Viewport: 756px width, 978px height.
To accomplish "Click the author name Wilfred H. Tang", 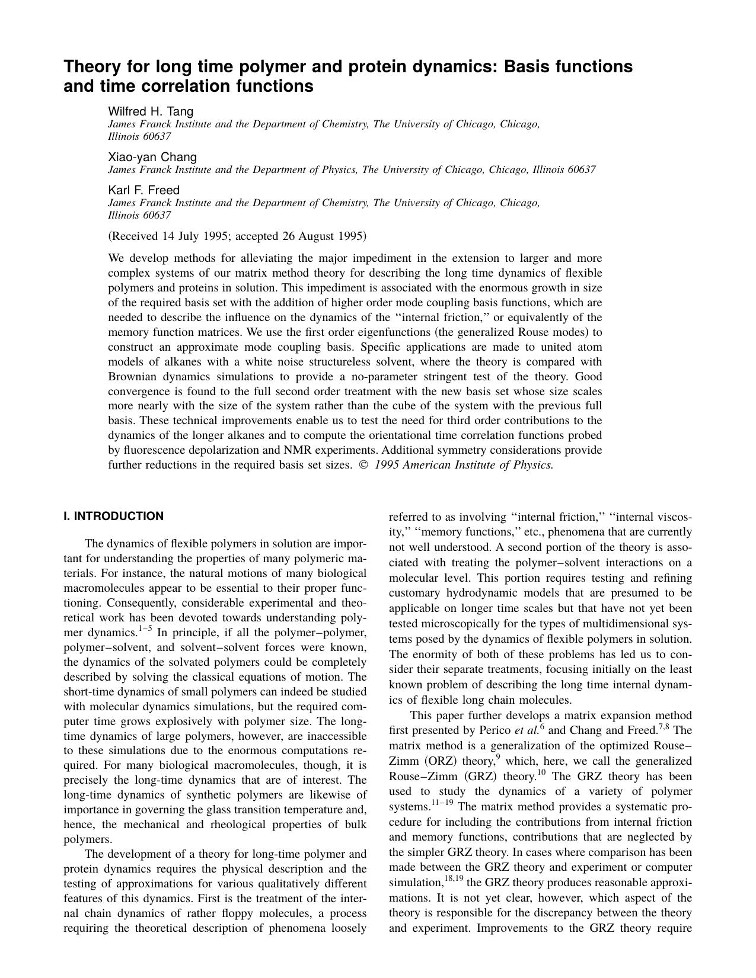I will point(150,111).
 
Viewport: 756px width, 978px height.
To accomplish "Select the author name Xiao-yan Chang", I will point(152,157).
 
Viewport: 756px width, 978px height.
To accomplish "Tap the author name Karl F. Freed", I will point(143,190).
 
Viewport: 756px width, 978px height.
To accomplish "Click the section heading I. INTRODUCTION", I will point(113,516).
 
